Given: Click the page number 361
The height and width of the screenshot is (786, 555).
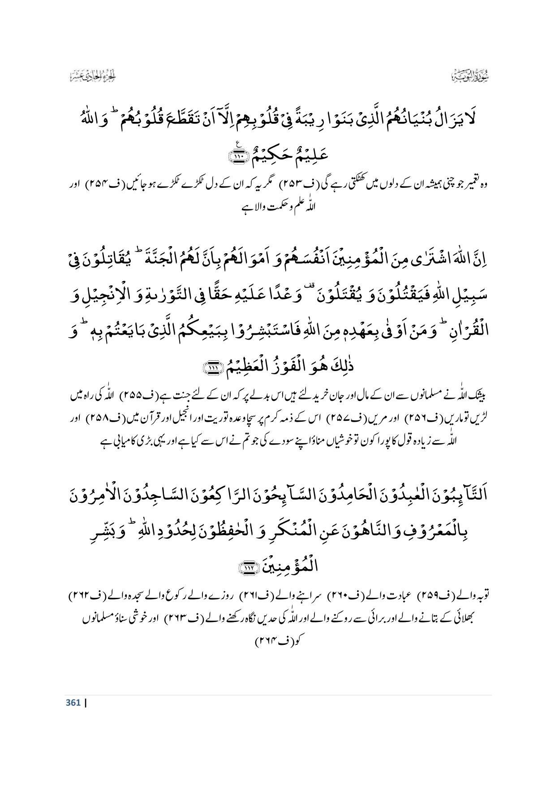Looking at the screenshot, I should tap(73, 702).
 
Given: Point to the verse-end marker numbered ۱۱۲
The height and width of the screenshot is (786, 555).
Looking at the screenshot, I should tap(247, 567).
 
